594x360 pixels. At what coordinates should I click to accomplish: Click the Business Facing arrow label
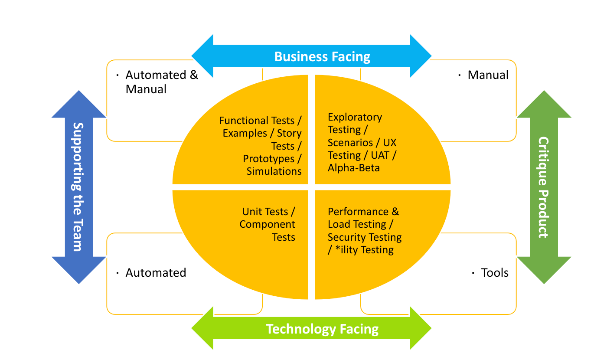322,56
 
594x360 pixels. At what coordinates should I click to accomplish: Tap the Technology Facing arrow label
322,329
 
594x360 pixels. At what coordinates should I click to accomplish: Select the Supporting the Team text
78,187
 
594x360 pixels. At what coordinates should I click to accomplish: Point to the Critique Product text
543,187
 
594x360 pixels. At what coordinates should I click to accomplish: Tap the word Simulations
274,171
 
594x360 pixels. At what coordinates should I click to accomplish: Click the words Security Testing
364,237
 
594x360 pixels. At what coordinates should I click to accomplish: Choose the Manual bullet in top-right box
488,75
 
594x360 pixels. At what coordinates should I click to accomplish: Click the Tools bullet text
495,273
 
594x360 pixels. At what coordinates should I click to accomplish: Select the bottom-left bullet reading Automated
156,273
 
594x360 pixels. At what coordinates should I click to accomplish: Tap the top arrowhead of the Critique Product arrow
544,105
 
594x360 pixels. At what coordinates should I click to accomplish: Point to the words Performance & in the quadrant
363,212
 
